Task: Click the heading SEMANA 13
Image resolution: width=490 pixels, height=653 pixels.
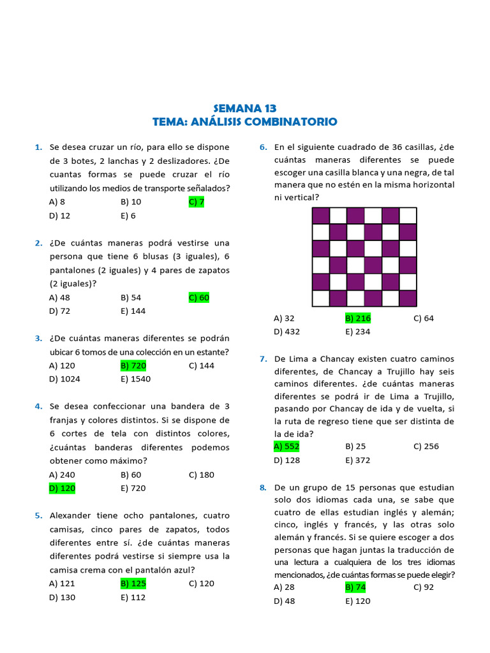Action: point(244,108)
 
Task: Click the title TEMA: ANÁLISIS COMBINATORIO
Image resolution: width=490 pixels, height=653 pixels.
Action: point(244,122)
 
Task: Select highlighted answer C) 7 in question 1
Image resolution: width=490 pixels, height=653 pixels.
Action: point(197,202)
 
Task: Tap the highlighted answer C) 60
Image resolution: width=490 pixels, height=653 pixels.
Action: point(199,298)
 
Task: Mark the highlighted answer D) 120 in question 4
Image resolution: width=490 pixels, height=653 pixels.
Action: point(62,488)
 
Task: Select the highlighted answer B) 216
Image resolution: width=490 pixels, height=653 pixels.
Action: point(358,318)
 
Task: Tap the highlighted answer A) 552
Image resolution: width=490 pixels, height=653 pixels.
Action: point(286,446)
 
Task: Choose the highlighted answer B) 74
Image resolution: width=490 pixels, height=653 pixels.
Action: point(355,587)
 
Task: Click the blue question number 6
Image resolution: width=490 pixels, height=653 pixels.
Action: point(263,147)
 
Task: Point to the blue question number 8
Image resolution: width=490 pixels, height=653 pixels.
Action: point(263,488)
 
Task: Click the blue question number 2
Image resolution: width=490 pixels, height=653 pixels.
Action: point(39,243)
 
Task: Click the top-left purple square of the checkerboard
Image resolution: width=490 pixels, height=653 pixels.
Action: point(321,216)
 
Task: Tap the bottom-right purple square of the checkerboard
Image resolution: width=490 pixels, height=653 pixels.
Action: point(407,298)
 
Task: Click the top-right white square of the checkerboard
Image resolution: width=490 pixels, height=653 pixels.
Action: point(407,216)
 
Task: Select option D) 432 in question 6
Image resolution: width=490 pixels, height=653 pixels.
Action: point(286,332)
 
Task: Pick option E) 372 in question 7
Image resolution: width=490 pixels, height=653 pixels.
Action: point(357,460)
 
